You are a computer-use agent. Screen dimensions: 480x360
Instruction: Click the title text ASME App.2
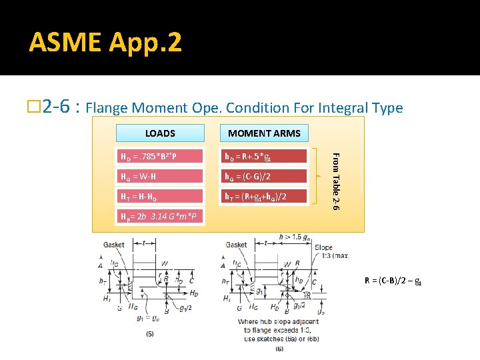point(105,43)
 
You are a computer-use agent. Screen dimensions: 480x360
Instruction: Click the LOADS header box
point(160,133)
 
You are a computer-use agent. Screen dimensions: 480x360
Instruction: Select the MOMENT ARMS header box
point(264,133)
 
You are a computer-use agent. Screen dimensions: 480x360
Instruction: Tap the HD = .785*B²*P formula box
point(159,157)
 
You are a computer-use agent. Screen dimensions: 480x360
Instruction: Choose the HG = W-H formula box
point(159,176)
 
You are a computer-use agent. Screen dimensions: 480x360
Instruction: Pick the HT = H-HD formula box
point(159,196)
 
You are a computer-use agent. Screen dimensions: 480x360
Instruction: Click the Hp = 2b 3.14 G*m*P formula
point(158,217)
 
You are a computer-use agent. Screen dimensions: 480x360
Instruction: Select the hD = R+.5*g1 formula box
point(264,157)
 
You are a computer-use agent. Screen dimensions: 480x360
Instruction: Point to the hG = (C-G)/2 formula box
point(264,176)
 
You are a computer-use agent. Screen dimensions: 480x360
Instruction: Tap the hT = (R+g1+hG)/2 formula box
point(264,196)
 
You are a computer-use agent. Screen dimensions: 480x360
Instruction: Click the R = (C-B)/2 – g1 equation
point(393,281)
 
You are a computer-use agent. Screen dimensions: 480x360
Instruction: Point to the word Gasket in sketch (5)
point(115,245)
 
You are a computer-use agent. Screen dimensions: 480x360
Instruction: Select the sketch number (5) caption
point(151,333)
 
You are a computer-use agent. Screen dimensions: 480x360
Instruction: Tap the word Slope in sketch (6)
point(323,248)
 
